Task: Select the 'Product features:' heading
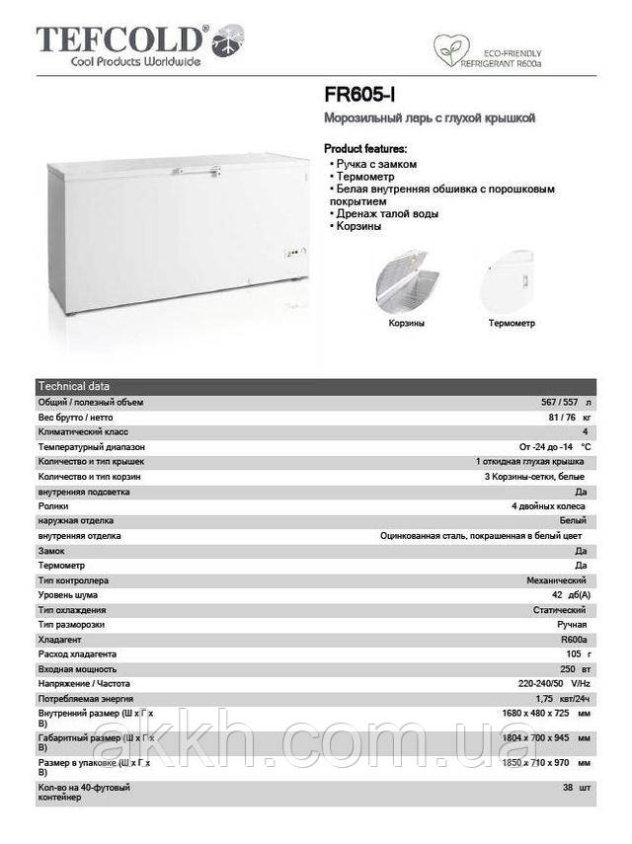point(365,148)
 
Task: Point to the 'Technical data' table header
point(74,386)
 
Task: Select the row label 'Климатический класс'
point(83,432)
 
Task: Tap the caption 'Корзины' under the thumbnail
point(407,323)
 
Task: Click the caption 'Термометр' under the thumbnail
point(512,323)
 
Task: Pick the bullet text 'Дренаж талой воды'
point(387,213)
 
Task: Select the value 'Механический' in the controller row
point(559,580)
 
